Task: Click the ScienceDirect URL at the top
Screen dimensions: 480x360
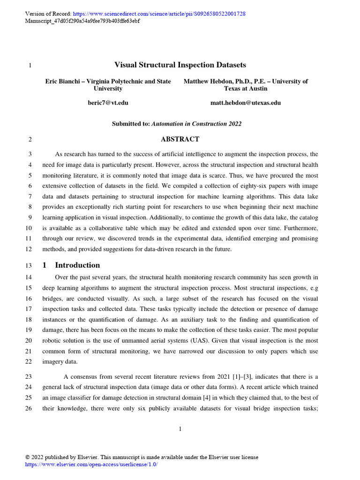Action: pos(159,14)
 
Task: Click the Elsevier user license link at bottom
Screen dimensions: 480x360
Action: pos(91,464)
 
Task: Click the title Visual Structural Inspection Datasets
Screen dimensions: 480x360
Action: pos(180,65)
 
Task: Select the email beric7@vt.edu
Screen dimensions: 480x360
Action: pos(108,103)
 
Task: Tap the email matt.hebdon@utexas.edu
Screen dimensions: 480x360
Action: pos(246,103)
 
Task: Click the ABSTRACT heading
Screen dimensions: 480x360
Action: pos(180,139)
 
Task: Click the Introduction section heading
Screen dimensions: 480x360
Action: pos(77,265)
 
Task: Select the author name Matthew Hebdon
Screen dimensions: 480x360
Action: pos(211,82)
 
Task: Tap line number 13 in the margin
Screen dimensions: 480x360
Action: pos(29,265)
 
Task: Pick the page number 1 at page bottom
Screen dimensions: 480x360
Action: pos(180,428)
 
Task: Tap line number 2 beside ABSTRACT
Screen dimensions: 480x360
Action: pos(30,140)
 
